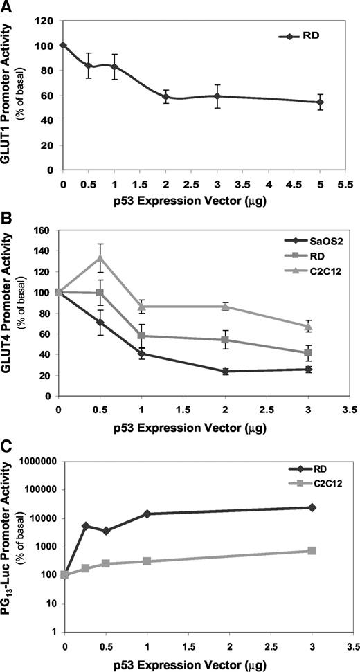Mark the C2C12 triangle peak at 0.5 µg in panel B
101,258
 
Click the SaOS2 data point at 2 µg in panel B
226,372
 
